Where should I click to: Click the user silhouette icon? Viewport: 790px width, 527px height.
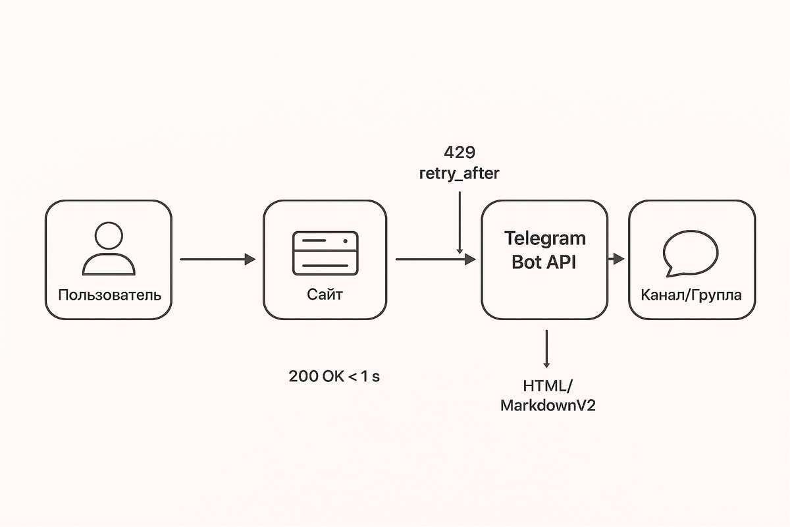click(109, 250)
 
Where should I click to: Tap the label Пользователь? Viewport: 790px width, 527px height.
click(109, 294)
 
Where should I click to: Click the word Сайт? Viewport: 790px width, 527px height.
click(325, 294)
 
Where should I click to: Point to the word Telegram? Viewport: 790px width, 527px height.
click(544, 238)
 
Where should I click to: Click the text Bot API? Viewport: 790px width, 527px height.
click(544, 262)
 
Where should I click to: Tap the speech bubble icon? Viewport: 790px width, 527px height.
click(691, 254)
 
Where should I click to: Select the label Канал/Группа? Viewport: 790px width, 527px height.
click(691, 294)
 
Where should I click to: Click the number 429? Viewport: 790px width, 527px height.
click(459, 153)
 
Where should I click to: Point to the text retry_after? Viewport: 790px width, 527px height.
click(459, 174)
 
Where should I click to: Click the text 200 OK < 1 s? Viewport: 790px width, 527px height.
click(334, 377)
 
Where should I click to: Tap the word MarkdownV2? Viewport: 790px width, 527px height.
click(548, 405)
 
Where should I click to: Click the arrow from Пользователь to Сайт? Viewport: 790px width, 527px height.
click(217, 260)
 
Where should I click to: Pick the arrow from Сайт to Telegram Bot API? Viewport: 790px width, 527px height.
click(434, 260)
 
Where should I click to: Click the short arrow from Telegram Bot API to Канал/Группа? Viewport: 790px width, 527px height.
click(616, 260)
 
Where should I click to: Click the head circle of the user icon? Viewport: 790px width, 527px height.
click(109, 236)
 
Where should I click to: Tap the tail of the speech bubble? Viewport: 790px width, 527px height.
click(669, 271)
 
